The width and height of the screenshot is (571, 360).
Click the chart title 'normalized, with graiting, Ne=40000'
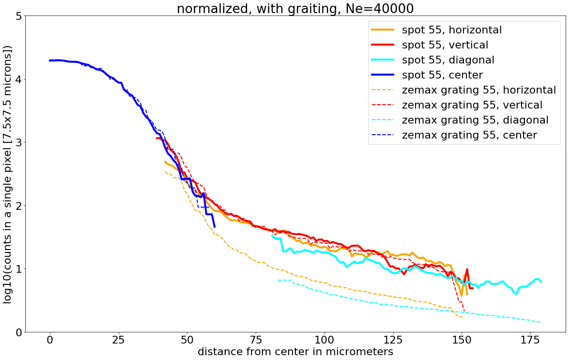point(295,8)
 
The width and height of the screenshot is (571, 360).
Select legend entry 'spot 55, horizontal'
point(451,30)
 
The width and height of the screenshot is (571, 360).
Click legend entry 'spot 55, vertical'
point(445,45)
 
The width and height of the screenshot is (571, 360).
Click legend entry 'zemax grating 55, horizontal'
point(478,90)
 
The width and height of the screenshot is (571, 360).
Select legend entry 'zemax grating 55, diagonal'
point(475,120)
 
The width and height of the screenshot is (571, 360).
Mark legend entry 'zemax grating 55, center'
point(469,135)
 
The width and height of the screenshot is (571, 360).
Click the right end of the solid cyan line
point(541,282)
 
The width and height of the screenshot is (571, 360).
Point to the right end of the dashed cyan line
point(540,322)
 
